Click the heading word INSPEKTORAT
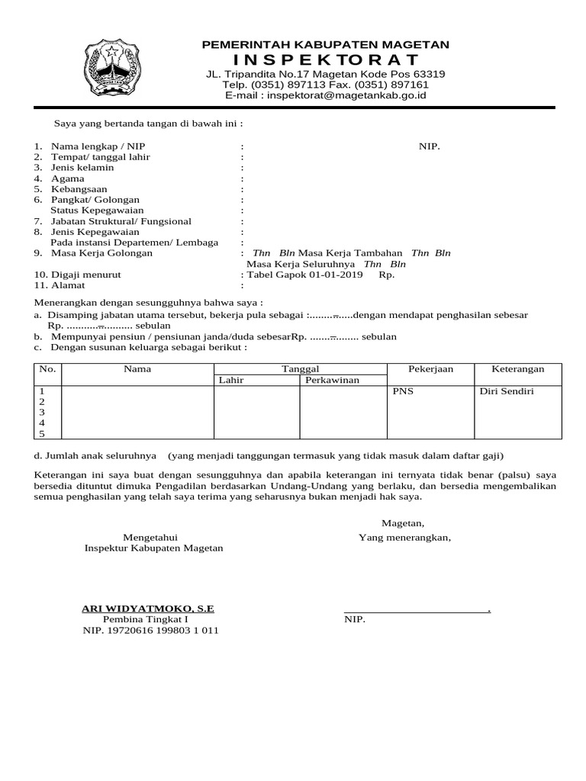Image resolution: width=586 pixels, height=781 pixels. [x=325, y=59]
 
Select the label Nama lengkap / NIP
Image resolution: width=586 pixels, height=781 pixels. [x=98, y=146]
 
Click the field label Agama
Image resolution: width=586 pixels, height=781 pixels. [x=67, y=178]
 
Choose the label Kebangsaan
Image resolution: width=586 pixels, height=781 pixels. [x=79, y=189]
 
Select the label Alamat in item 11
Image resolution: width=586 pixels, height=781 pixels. [x=69, y=285]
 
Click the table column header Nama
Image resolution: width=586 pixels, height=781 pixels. [x=137, y=369]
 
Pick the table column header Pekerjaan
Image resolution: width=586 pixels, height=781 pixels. [x=430, y=369]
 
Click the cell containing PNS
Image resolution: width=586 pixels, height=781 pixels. [x=401, y=390]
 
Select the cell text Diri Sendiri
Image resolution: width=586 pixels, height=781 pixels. [x=507, y=390]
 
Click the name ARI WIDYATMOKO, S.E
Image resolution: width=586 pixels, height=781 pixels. [x=148, y=609]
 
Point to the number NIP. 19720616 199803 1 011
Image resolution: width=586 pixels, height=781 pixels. [x=150, y=631]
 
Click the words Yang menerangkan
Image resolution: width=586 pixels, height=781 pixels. [x=404, y=538]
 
